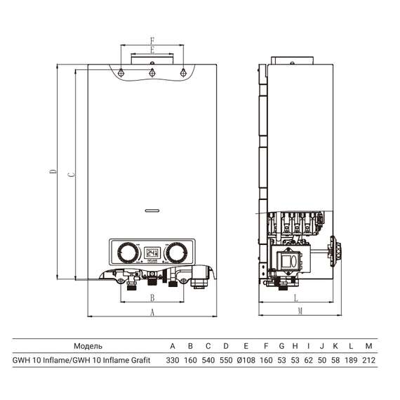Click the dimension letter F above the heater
tap(152, 41)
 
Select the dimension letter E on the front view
tap(152, 51)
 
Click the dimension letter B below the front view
tap(152, 298)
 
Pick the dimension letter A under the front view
tap(152, 313)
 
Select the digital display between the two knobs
tap(152, 252)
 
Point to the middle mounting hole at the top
tap(152, 72)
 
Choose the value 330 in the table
tap(173, 360)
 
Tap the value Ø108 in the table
tap(246, 360)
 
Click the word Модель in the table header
tap(88, 346)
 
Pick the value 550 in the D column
tap(225, 360)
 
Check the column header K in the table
tap(335, 346)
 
